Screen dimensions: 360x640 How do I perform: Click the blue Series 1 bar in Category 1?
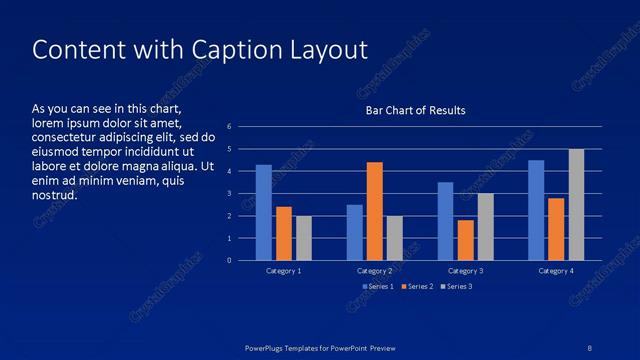[263, 212]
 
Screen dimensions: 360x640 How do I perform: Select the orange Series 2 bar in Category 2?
[375, 211]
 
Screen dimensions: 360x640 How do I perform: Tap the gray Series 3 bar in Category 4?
[577, 204]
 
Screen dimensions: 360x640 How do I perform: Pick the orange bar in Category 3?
[465, 240]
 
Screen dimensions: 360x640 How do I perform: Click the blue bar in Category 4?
[536, 210]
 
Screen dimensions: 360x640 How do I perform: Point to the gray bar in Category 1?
[304, 238]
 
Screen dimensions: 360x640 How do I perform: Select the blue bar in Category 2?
[355, 232]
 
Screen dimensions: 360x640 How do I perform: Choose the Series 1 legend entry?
[376, 287]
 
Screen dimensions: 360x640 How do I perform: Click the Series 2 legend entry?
[417, 287]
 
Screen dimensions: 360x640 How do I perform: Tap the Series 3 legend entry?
[456, 287]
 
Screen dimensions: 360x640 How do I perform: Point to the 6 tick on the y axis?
[230, 127]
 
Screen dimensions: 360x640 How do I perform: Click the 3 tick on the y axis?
[230, 194]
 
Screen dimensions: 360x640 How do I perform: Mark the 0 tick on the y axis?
[230, 261]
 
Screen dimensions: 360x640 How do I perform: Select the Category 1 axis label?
[284, 271]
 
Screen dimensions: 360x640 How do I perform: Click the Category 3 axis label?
[465, 271]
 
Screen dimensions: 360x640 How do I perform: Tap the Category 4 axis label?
[556, 271]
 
